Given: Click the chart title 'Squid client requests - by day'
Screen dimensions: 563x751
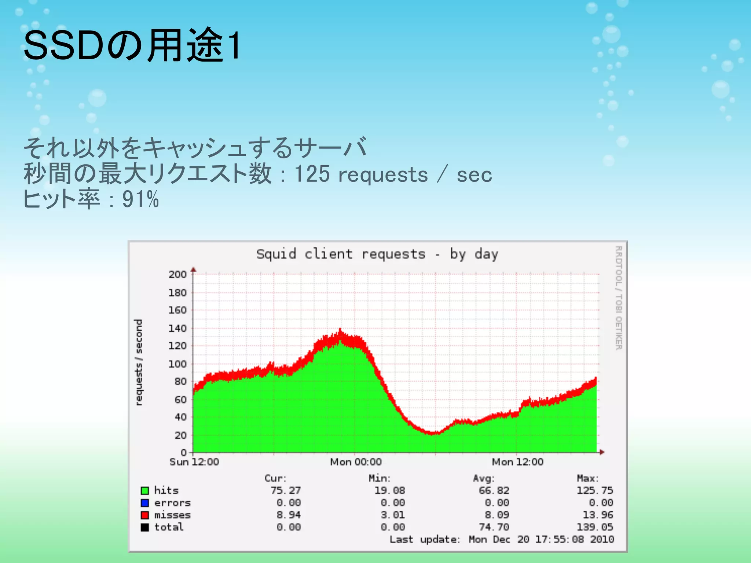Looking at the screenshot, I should (x=377, y=254).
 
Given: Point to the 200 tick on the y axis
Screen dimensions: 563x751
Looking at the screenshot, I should (x=177, y=274).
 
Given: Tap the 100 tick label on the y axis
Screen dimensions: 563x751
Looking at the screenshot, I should (x=177, y=364).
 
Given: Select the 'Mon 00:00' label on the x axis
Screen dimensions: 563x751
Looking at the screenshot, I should (x=356, y=462).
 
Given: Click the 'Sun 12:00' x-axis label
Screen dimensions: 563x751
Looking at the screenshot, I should (x=194, y=462).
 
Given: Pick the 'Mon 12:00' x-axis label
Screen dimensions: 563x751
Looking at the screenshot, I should (x=517, y=462).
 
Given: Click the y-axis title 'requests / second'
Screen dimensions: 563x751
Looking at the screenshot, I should (x=139, y=362).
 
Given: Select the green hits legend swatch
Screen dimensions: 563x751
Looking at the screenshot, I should (x=145, y=490).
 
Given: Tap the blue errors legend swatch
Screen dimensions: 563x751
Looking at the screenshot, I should (x=145, y=503).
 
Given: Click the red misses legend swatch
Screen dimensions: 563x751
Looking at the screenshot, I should (x=145, y=515).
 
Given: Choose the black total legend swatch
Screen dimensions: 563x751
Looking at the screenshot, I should (x=145, y=527).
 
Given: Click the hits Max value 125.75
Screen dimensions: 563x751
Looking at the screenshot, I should (x=595, y=490).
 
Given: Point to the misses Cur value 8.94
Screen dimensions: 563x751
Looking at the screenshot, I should (x=289, y=515).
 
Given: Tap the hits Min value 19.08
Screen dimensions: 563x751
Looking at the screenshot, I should (x=389, y=490).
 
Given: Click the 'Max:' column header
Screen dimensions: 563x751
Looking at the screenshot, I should (x=587, y=478).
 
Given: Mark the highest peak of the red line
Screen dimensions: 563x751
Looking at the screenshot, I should (x=340, y=330).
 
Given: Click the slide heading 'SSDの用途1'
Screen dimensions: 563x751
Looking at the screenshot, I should (x=132, y=45).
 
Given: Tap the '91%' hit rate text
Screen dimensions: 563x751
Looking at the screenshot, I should (x=140, y=199).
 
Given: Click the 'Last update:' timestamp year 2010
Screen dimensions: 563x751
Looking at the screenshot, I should (x=602, y=539).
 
